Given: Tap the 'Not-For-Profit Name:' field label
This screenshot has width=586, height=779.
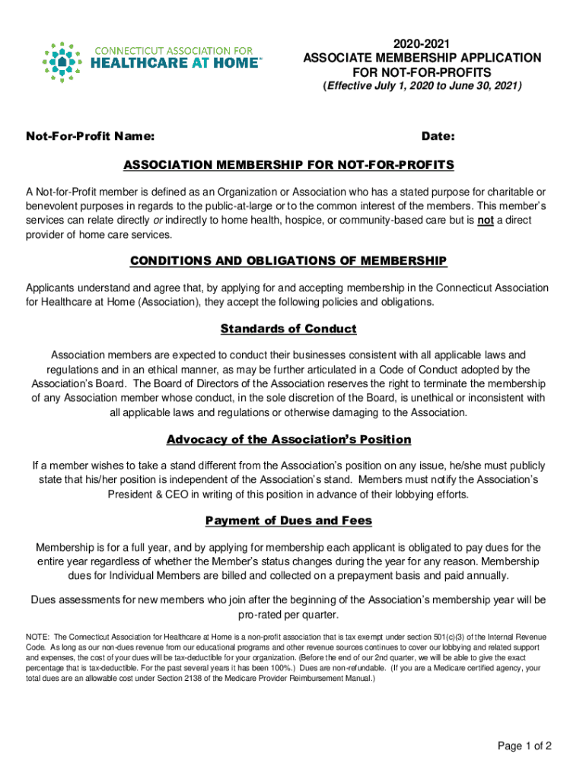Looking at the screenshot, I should coord(91,137).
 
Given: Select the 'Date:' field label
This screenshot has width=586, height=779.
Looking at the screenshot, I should coord(438,137).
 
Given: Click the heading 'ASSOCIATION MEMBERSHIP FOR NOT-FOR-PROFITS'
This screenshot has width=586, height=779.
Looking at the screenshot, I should coord(288,165).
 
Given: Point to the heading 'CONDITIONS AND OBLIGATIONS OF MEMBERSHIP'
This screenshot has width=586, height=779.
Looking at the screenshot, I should coord(288,261).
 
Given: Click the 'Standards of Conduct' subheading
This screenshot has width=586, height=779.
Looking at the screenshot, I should coord(288,329).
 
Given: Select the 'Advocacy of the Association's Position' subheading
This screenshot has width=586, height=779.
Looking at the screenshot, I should coord(288,440).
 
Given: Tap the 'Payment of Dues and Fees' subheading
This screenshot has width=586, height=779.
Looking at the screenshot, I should coord(288,520).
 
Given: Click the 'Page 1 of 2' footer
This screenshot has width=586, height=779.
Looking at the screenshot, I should coord(524,746).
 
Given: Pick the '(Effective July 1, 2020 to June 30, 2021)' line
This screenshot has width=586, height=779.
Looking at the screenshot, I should coord(422,87).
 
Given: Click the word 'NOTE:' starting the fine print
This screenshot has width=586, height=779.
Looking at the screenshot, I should coord(38,637).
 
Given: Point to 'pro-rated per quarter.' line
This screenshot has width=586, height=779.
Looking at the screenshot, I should coord(288,615).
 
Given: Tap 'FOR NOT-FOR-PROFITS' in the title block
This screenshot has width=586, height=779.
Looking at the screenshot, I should coord(422,72).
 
